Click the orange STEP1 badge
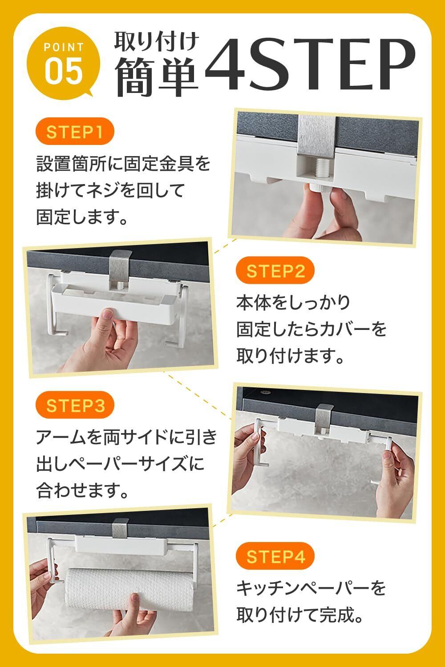coord(75,131)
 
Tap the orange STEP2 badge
coord(275,270)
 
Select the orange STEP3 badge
coord(75,405)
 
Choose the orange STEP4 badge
coord(275,557)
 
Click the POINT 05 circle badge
coord(63,64)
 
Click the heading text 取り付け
coord(157,42)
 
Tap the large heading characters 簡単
coord(157,77)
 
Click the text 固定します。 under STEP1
coord(82,217)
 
